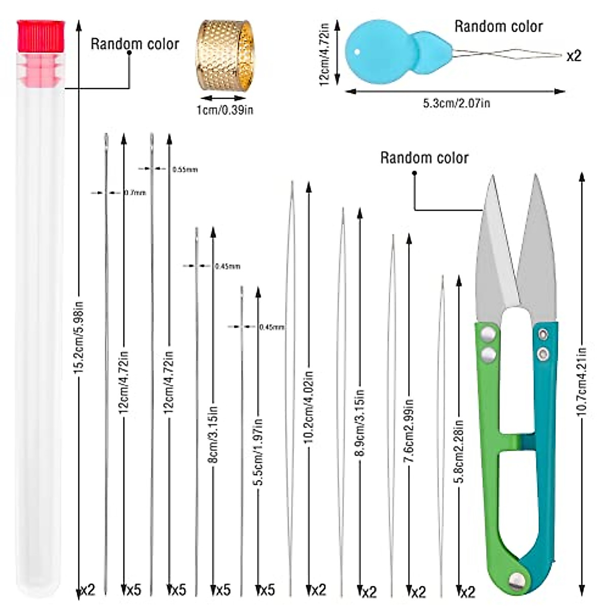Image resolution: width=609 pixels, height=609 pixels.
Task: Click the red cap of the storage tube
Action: tap(41, 36)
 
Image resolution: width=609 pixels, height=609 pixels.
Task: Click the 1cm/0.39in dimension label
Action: tap(224, 109)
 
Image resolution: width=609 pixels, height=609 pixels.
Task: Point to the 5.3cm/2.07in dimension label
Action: tap(456, 103)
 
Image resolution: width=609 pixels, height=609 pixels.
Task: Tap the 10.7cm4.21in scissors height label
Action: tap(582, 381)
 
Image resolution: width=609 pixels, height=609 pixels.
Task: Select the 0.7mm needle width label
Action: tap(135, 193)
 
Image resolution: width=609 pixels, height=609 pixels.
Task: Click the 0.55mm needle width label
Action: tap(185, 170)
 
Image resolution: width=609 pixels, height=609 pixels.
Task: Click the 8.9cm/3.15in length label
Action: tap(360, 424)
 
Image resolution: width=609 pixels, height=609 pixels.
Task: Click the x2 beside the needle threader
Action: tap(573, 56)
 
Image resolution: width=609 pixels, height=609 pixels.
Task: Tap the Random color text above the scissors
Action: tap(424, 158)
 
